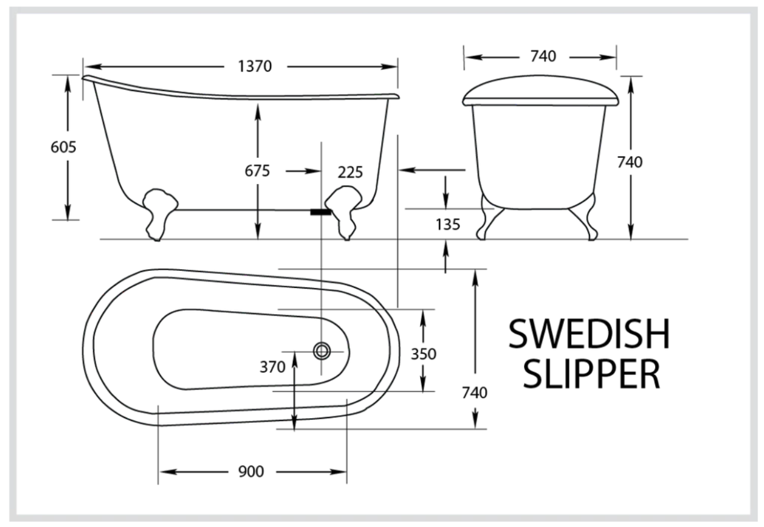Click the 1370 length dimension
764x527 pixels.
[254, 66]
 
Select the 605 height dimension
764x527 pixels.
[63, 147]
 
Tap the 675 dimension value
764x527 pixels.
[257, 171]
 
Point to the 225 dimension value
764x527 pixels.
[350, 172]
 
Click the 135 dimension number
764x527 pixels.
[447, 225]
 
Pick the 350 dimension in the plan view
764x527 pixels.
[424, 354]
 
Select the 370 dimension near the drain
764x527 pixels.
[273, 367]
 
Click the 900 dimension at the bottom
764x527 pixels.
[252, 471]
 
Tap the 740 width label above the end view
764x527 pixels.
[543, 56]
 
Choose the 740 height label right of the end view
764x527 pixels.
[630, 161]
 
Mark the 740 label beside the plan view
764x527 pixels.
[475, 392]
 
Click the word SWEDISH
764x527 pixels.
[589, 335]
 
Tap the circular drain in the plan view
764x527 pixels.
[323, 351]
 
